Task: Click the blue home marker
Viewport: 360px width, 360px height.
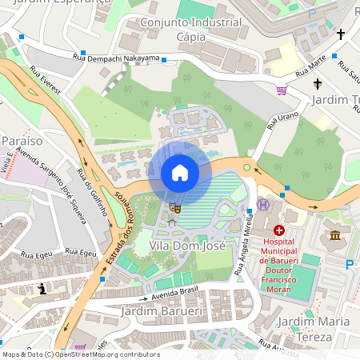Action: [x=180, y=173]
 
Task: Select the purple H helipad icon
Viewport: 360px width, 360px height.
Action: [x=262, y=206]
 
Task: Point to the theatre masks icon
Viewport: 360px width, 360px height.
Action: [x=174, y=207]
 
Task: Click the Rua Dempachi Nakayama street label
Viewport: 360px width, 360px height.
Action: [x=116, y=58]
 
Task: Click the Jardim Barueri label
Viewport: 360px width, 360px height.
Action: [x=160, y=310]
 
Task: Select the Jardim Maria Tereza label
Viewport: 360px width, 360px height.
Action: [x=313, y=329]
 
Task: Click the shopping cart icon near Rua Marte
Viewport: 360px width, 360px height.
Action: [x=282, y=90]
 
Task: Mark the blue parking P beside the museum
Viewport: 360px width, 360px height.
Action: [x=348, y=264]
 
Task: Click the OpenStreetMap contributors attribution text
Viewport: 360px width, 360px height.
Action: [x=108, y=354]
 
